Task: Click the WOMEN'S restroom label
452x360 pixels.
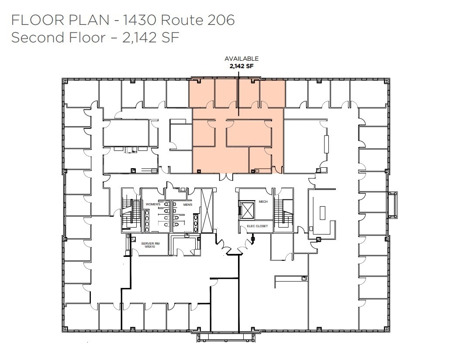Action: (153, 204)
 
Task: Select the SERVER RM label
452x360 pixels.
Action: (148, 243)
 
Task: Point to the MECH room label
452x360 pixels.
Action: (263, 201)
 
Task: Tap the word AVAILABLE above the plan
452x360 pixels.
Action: (242, 59)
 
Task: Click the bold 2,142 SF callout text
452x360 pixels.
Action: (242, 66)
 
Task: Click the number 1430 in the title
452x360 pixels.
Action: (138, 20)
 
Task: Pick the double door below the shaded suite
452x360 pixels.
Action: (226, 177)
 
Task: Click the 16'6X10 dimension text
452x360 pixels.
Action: (148, 247)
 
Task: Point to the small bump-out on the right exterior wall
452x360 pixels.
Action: (393, 204)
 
